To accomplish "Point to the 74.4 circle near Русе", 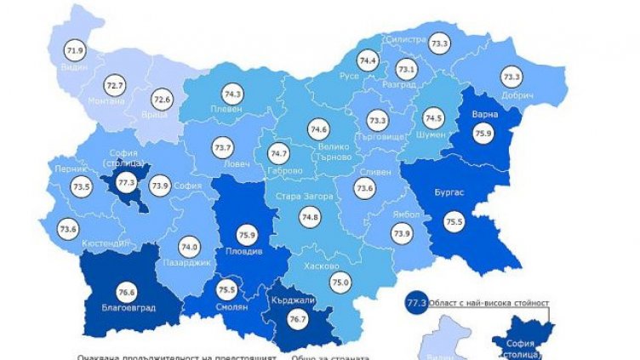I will pos(368,61).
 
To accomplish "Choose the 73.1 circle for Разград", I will pos(407,70).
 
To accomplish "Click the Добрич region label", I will pos(517,94).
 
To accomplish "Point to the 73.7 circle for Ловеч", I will pos(223,146).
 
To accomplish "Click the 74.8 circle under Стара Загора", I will pos(310,217).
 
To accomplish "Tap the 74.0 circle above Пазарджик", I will pos(189,248).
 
